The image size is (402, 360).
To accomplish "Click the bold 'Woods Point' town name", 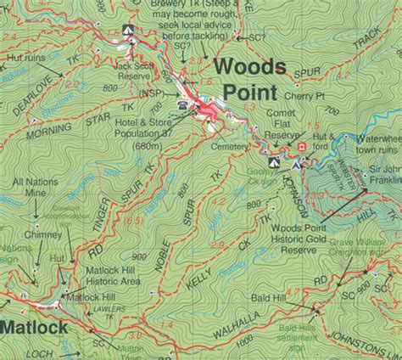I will click(253, 77).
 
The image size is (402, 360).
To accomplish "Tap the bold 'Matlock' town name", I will click(28, 327).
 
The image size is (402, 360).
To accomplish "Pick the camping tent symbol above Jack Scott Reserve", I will click(128, 31).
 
